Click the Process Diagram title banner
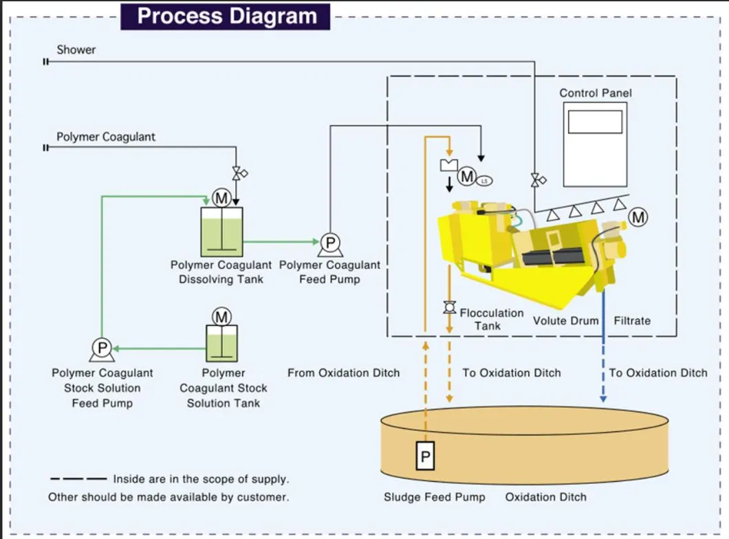pos(226,16)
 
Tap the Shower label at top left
pos(76,49)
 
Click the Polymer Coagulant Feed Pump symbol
pos(329,243)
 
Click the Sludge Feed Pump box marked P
pos(425,456)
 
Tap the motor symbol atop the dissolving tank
pos(221,199)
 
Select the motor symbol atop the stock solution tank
pos(221,317)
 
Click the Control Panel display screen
pos(595,122)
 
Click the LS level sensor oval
pos(484,181)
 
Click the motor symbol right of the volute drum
pos(638,217)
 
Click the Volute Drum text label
pos(565,320)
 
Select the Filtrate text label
pos(631,320)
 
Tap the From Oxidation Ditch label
pos(343,373)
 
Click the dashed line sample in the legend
pos(78,479)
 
